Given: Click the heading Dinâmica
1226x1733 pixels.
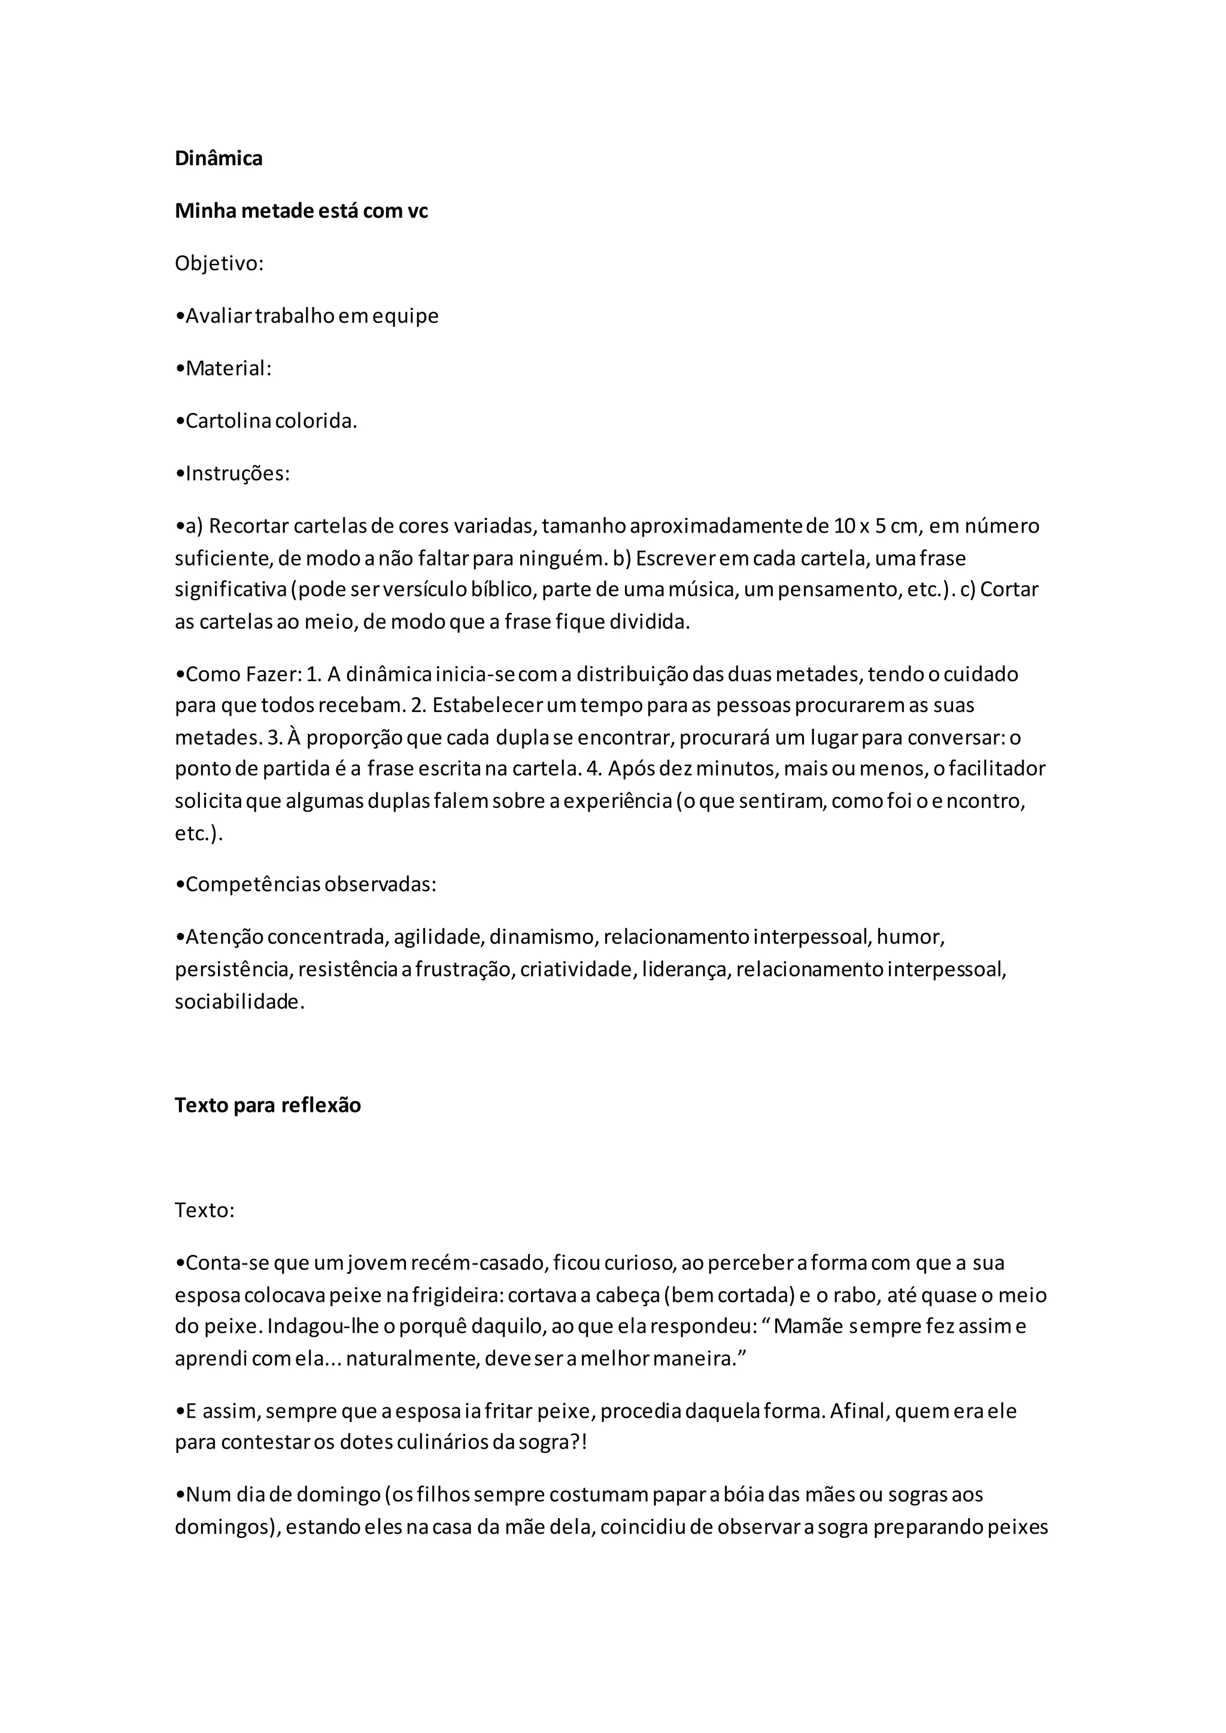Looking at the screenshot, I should [218, 159].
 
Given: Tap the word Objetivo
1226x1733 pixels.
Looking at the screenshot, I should [217, 263].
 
